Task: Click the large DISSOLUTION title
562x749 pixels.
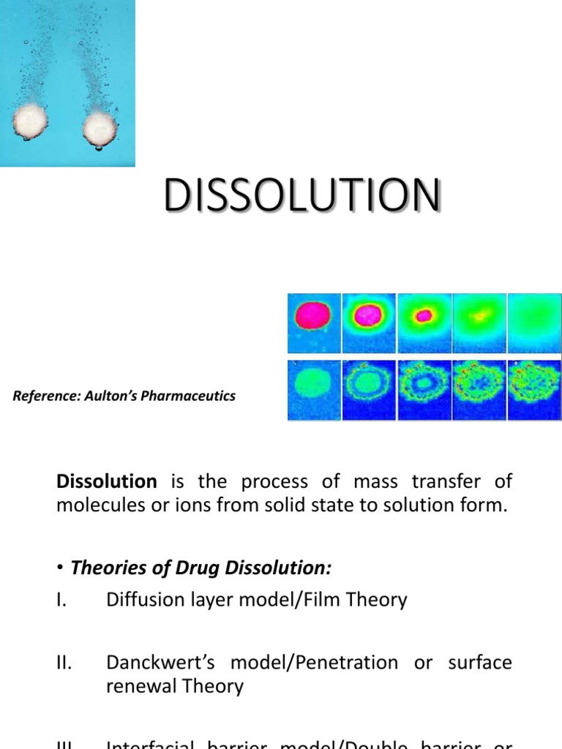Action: tap(302, 196)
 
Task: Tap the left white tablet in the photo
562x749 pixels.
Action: tap(31, 120)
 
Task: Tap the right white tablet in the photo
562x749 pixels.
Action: tap(100, 127)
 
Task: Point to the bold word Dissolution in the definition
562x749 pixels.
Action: tap(106, 481)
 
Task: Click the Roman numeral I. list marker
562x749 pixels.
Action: tap(61, 601)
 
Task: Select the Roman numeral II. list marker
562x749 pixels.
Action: tap(64, 663)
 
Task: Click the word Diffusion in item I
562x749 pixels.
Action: tap(141, 601)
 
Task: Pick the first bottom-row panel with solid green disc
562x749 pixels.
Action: tap(314, 390)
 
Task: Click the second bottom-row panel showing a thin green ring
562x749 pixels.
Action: tap(370, 390)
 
